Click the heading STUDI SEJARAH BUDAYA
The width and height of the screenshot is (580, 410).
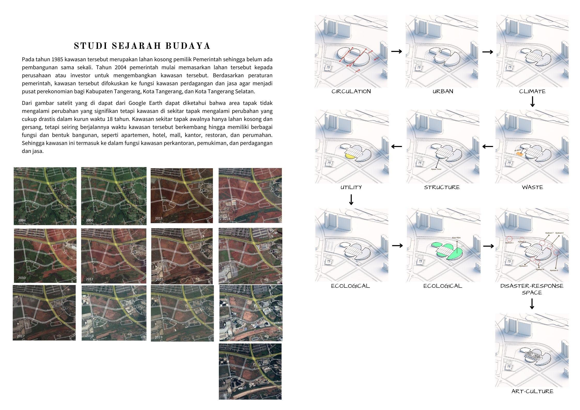coord(142,46)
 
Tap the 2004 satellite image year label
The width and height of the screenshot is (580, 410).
coord(22,220)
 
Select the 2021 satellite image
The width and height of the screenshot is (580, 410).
coord(250,371)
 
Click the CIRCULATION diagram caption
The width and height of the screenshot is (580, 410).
coord(351,91)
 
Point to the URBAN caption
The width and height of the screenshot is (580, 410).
coord(443,91)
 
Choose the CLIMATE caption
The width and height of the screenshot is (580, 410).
coord(532,91)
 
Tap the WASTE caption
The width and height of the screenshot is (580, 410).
coord(532,187)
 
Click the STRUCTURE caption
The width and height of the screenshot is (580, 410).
coord(442,187)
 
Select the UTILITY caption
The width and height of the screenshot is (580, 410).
coord(351,187)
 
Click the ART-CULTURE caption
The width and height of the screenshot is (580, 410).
coord(532,391)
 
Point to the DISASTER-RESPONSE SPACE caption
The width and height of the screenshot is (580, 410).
coord(532,289)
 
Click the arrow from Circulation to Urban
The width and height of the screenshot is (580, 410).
coord(397,51)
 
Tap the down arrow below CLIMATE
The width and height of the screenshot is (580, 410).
coord(532,102)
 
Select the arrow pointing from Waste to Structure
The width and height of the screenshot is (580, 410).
coord(488,146)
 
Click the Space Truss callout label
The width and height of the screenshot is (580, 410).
coord(436,169)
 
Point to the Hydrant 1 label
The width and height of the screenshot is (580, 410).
coord(509,243)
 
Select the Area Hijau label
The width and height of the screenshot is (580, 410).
coord(456,237)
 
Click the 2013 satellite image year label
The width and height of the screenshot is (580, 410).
coord(159,218)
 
